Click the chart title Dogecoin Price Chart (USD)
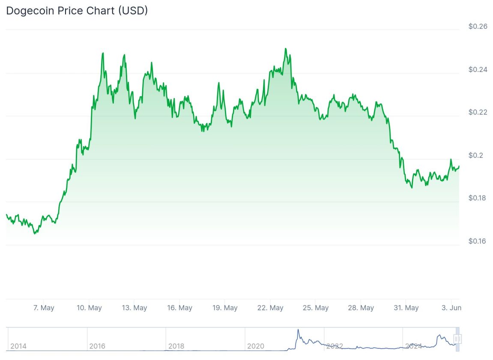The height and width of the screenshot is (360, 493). (77, 11)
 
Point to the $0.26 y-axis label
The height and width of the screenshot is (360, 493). (478, 27)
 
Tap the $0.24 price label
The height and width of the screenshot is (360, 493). (478, 69)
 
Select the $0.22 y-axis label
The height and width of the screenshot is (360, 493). (478, 112)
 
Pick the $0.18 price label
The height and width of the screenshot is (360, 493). (478, 198)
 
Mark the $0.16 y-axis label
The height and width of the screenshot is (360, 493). (478, 241)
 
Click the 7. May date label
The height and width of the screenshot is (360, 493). (44, 308)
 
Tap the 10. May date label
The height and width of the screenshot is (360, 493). (89, 308)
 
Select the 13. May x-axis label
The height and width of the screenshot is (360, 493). (134, 308)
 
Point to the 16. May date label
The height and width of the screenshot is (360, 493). (180, 308)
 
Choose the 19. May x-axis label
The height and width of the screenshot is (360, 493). (225, 308)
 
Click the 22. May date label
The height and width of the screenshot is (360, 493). (271, 308)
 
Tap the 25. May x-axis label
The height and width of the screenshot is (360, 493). (316, 308)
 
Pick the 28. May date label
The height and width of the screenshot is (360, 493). (361, 308)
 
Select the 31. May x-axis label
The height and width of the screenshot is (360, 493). (406, 308)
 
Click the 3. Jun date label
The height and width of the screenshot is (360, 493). (451, 308)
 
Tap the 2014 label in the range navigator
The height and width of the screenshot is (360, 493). (18, 346)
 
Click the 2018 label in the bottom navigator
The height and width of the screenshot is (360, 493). (176, 346)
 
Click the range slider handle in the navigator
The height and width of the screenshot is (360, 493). (457, 339)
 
